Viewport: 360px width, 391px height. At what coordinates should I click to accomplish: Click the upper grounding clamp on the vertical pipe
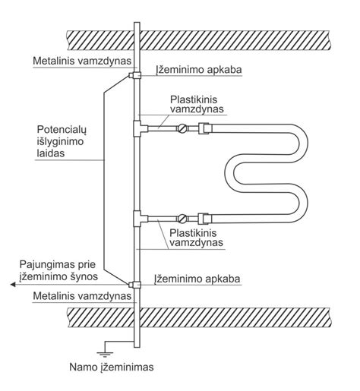135,75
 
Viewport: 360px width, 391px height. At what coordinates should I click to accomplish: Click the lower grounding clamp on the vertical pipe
135,285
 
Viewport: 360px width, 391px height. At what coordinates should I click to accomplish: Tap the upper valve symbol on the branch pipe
182,128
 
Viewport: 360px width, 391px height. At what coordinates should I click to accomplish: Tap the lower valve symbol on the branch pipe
182,219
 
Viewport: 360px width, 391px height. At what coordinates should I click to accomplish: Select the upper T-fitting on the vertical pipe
140,128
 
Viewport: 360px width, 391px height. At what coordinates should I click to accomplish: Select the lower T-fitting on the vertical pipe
140,219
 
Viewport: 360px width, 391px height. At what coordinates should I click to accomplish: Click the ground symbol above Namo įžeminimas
105,354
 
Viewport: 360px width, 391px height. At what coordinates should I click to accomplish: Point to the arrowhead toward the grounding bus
13,285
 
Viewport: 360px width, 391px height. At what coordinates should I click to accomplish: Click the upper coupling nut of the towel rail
204,128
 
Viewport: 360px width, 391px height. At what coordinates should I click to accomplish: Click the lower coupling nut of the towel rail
204,219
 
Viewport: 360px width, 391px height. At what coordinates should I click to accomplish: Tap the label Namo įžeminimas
112,367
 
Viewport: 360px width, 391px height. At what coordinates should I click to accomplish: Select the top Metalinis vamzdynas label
82,61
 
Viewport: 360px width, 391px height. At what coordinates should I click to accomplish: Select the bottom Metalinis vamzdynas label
82,296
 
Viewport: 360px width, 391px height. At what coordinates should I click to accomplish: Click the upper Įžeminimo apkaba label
198,70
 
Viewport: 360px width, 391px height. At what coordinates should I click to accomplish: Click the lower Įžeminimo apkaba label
197,279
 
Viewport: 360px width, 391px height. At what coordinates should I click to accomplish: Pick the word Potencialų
62,130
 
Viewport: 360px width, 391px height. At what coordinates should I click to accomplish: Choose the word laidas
51,153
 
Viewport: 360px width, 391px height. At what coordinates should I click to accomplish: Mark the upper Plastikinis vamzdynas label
197,104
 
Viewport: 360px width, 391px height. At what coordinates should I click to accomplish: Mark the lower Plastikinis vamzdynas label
196,238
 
